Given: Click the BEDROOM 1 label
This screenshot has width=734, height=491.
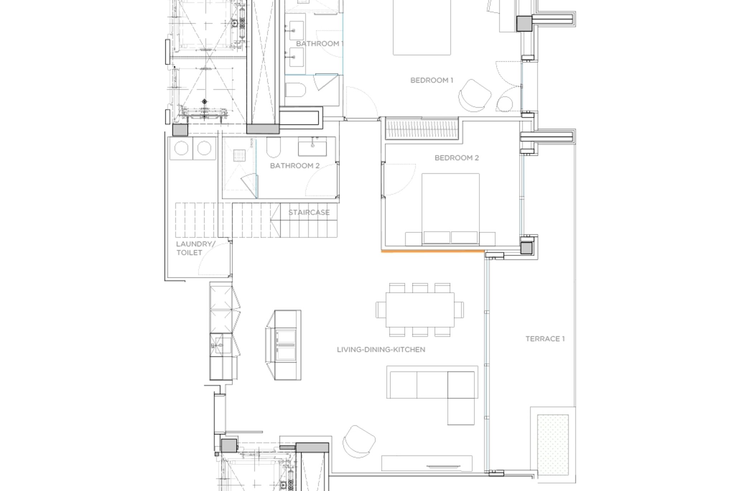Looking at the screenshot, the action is click(x=432, y=80).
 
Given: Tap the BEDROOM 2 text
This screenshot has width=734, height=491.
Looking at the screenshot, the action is click(x=457, y=158).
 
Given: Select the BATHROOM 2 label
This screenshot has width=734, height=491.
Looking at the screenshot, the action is click(x=295, y=166).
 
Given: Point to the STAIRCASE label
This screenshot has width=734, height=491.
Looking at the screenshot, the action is click(x=309, y=212).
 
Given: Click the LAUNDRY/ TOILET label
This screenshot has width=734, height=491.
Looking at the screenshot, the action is click(x=195, y=248).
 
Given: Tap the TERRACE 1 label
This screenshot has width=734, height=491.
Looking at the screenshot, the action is click(x=545, y=339).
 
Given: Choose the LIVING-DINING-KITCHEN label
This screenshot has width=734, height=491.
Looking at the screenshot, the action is click(x=381, y=349).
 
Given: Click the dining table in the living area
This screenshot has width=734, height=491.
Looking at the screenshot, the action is click(x=420, y=310).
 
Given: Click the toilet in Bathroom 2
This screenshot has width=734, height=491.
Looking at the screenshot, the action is click(x=273, y=147).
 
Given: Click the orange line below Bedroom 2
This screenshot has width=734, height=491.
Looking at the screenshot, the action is click(x=433, y=252).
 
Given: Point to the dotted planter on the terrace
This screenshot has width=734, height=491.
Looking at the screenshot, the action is click(x=553, y=445).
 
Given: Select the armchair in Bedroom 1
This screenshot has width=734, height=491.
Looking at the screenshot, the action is click(x=475, y=95).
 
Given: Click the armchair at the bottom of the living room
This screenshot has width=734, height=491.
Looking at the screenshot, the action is click(x=359, y=441).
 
